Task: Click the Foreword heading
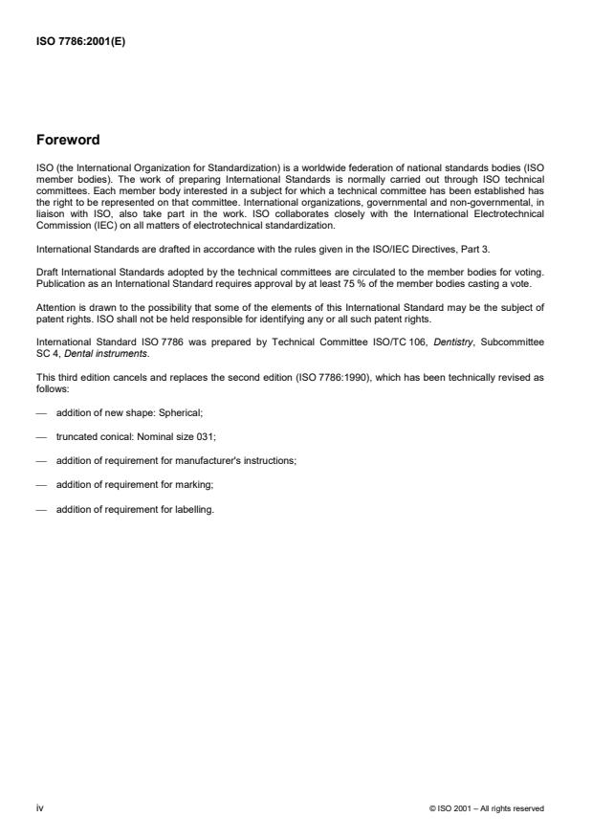67,140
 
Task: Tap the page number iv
39,808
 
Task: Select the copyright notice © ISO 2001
488,809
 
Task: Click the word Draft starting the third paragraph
46,276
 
